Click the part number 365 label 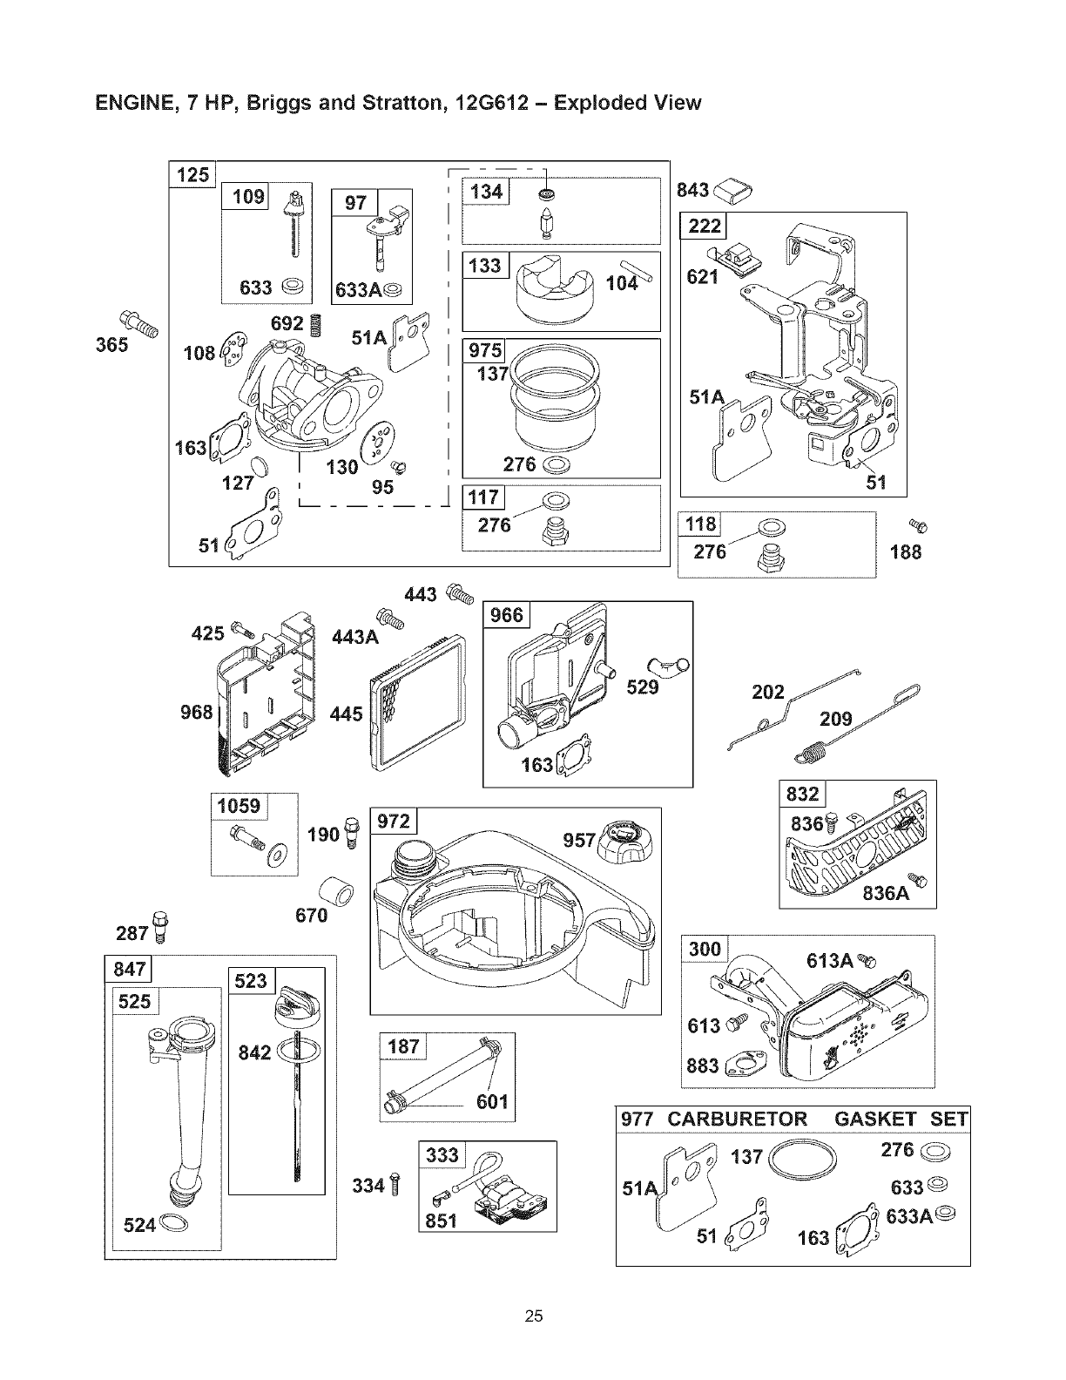(112, 344)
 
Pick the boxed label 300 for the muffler (705, 949)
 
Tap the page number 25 (534, 1316)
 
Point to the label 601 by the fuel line (491, 1102)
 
